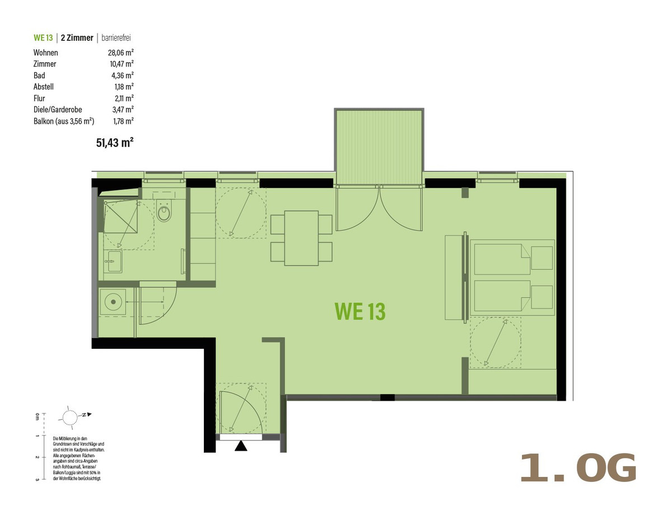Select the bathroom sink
click(113, 261)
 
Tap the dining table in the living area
click(301, 238)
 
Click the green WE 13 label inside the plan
click(360, 311)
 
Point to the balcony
click(379, 147)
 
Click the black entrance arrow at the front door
click(241, 446)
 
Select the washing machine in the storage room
click(113, 302)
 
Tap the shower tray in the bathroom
click(121, 217)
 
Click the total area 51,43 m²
click(115, 143)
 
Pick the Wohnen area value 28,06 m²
click(120, 53)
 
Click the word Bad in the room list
click(39, 76)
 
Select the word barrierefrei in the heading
click(116, 38)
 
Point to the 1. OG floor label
click(578, 468)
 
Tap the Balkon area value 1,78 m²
click(123, 121)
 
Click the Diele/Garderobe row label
click(58, 110)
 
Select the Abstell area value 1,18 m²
click(124, 87)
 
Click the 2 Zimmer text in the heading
click(77, 38)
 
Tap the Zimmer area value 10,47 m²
click(121, 64)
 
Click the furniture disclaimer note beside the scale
click(78, 458)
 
